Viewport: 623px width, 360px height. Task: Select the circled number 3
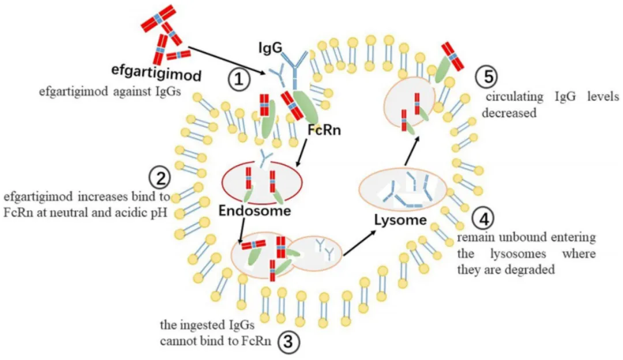pos(288,343)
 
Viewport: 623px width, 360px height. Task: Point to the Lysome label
pos(400,220)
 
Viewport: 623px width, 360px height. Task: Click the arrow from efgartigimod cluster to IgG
pos(228,61)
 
